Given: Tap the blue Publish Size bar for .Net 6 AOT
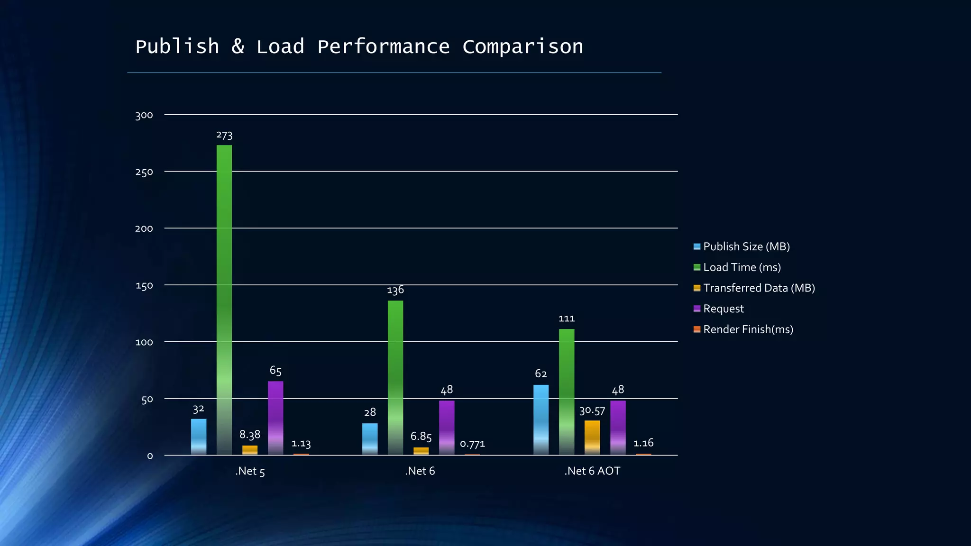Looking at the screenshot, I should pos(541,420).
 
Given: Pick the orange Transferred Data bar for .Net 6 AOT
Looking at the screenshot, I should pos(592,437).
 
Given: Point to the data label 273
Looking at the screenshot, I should pos(224,136).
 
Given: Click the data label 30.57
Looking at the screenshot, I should pos(592,411).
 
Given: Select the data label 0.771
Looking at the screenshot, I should pos(472,444).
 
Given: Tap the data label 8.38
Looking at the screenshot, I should pos(250,435).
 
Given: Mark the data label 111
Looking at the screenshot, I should pos(567,318).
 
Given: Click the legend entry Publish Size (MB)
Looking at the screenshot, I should pos(746,246).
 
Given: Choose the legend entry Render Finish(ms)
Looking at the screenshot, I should pos(748,329).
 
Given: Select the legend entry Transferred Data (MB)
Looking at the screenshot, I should pos(759,288).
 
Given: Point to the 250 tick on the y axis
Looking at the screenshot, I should pos(144,172).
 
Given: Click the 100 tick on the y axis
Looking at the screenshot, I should pos(144,342).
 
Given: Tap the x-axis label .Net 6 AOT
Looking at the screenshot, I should pos(592,471).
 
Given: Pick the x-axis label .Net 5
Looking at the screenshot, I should pos(250,472).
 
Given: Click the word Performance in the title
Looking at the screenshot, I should pos(383,47).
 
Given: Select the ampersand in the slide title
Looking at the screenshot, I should pos(238,46).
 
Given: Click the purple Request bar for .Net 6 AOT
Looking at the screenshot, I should pos(618,428).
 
